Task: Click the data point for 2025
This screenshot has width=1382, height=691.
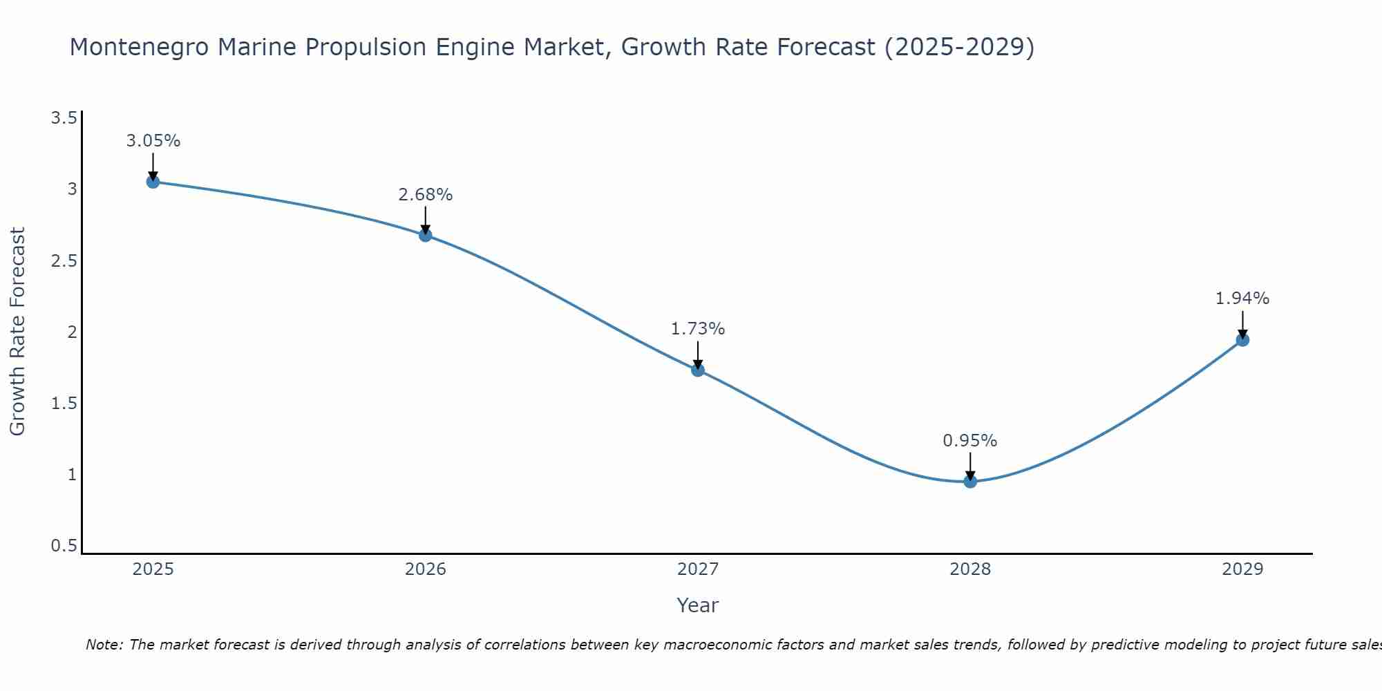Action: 153,182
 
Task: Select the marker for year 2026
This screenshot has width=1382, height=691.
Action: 426,235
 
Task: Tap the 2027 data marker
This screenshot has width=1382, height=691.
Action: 698,370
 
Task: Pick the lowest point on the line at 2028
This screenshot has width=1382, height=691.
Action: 970,481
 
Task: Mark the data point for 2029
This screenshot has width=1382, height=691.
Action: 1242,339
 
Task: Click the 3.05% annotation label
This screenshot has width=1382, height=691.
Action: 153,141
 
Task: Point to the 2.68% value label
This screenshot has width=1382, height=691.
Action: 426,195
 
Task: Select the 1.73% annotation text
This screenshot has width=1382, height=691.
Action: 698,329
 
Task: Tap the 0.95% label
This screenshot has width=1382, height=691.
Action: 970,441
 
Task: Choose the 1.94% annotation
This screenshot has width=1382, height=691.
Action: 1242,299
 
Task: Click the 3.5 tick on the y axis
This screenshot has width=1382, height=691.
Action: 64,118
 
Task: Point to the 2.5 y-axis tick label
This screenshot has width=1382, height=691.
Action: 64,261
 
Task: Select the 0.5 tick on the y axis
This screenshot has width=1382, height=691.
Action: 64,546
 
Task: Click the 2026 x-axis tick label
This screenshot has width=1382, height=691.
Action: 426,569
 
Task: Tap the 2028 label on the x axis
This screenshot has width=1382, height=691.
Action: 970,569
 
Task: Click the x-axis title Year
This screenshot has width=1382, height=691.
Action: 698,605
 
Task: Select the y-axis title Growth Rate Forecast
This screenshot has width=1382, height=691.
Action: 17,332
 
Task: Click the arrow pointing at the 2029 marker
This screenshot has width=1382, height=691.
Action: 1242,324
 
